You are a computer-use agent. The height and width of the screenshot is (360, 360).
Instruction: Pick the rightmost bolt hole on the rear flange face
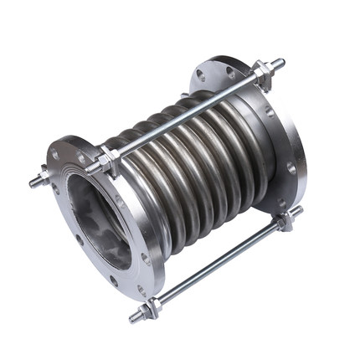click(x=292, y=168)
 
